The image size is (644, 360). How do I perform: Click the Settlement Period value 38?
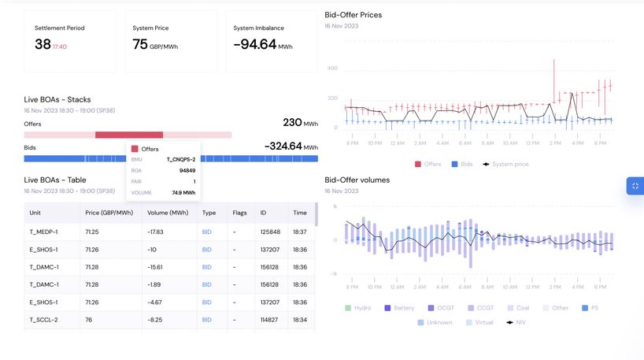point(43,45)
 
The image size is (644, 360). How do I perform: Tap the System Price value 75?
point(140,45)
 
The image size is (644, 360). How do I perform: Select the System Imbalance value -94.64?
point(255,45)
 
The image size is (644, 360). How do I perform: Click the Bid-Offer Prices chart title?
point(353,15)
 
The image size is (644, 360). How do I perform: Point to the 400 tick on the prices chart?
point(332,69)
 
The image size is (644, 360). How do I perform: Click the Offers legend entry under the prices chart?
point(428,164)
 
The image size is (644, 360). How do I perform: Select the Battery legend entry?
point(399,308)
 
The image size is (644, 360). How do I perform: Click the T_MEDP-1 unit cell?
point(43,231)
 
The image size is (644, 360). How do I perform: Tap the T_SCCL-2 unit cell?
point(43,320)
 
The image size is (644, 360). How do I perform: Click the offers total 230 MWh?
point(300,123)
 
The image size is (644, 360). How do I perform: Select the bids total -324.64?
point(291,147)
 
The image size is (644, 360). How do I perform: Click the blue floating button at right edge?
point(635,186)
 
